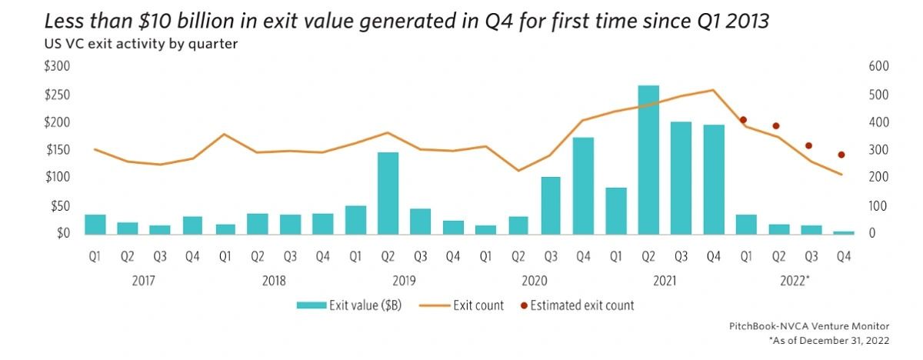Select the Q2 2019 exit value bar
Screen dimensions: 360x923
tap(388, 193)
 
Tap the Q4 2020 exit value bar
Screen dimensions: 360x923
tap(583, 185)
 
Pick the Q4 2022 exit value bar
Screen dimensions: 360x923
tap(845, 232)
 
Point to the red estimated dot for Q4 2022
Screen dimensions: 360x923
tap(841, 155)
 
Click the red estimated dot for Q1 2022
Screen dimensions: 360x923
tap(743, 120)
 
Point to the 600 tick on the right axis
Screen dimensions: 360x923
tap(878, 67)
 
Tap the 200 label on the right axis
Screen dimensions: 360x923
tap(878, 178)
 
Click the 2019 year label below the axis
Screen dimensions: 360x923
tap(405, 281)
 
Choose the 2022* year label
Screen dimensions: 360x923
tap(795, 281)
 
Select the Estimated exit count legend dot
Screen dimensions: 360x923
tap(524, 306)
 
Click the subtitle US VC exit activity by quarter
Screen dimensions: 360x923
tap(141, 44)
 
